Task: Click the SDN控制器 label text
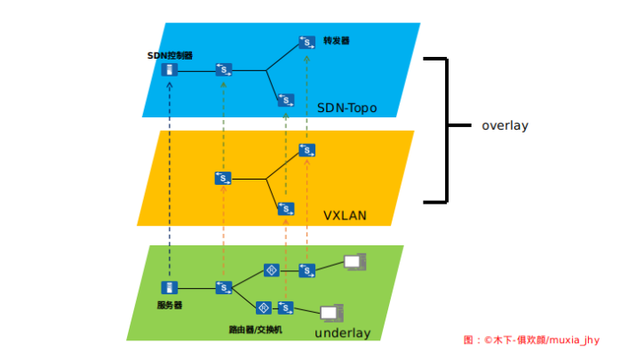[x=170, y=55]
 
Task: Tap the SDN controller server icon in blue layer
[x=170, y=69]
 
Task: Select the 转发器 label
[x=337, y=40]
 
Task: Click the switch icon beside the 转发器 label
[x=306, y=42]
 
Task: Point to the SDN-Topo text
[x=346, y=108]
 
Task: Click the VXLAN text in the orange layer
[x=345, y=216]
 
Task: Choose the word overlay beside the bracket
[x=505, y=125]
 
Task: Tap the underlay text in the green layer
[x=342, y=333]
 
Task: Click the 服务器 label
[x=169, y=305]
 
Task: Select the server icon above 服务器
[x=169, y=288]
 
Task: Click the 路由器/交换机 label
[x=255, y=329]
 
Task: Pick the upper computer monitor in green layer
[x=354, y=263]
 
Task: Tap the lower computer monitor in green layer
[x=331, y=313]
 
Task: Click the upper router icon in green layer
[x=272, y=269]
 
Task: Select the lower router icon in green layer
[x=263, y=308]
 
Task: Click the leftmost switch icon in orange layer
[x=223, y=179]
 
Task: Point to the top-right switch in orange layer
[x=306, y=150]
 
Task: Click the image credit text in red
[x=532, y=340]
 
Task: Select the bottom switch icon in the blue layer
[x=285, y=100]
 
